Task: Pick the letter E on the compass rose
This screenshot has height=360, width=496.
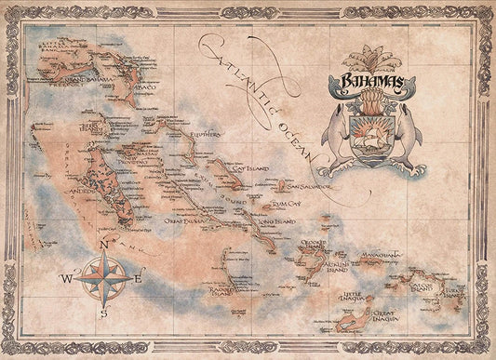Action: pyautogui.click(x=137, y=278)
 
